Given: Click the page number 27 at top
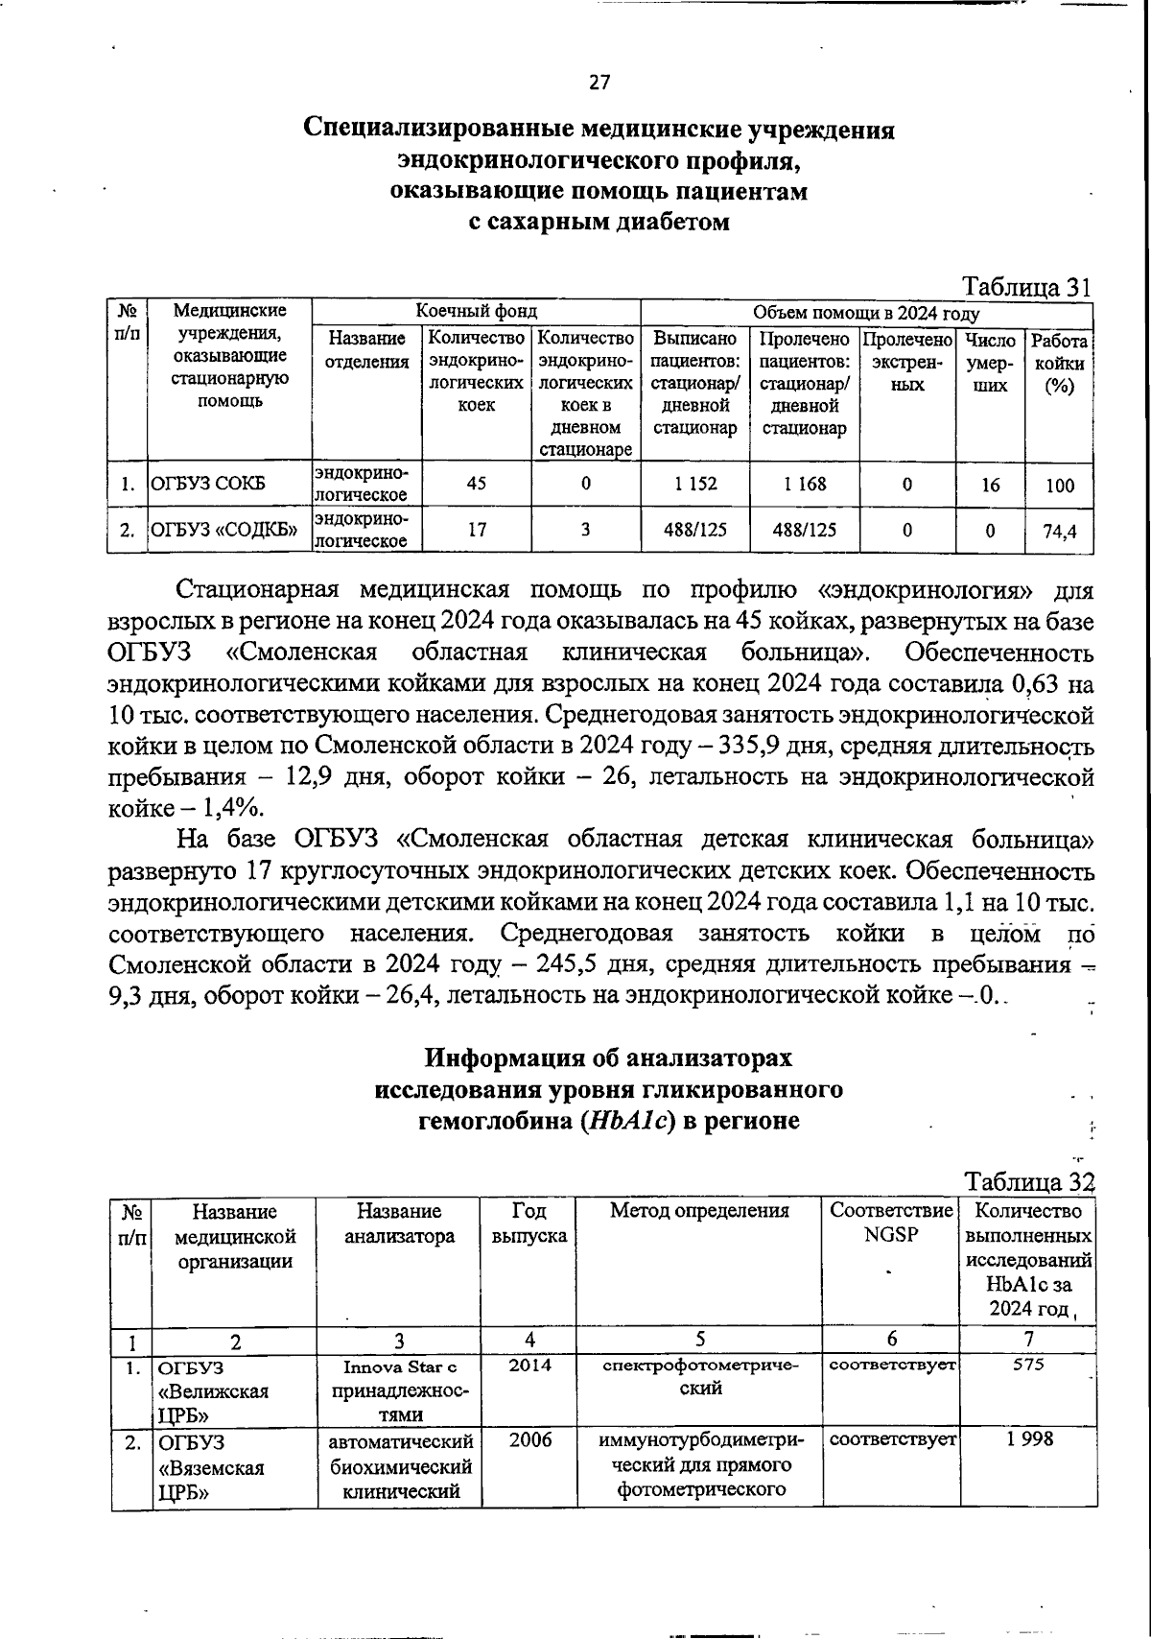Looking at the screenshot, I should tap(599, 83).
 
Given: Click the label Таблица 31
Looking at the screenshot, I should tap(1026, 287).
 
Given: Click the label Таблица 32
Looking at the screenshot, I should tap(1028, 1180).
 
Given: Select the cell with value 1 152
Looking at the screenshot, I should tap(695, 484).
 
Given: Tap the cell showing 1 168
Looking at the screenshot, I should tap(804, 484).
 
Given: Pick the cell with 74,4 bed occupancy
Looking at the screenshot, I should tap(1059, 531).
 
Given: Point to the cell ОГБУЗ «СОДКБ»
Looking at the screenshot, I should tap(223, 531).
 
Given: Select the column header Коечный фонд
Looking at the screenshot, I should tap(476, 312).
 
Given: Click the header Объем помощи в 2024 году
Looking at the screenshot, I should tap(865, 313).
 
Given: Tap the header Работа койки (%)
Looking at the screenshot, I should tap(1059, 364).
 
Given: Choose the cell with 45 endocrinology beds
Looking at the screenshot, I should tap(476, 484).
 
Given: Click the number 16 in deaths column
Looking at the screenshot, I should tap(990, 485).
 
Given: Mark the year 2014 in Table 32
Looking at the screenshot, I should tap(529, 1365).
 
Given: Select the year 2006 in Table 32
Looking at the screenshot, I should tap(529, 1439).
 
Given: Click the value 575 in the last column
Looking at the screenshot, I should tap(1027, 1365).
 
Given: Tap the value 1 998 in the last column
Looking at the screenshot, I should tap(1027, 1438).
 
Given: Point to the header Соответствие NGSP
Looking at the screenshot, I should tap(891, 1223).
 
